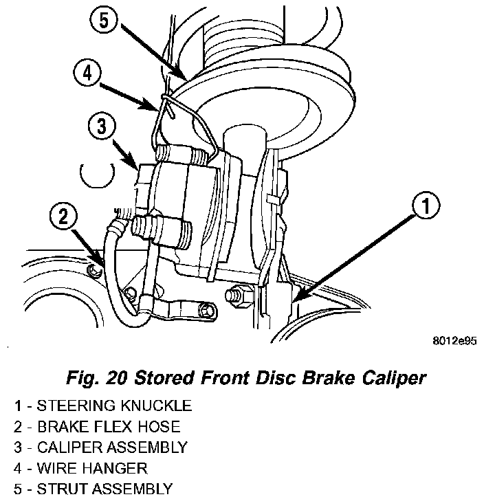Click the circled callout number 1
pyautogui.click(x=426, y=206)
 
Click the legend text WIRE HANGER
pyautogui.click(x=91, y=468)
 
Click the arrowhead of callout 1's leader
pyautogui.click(x=294, y=301)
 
